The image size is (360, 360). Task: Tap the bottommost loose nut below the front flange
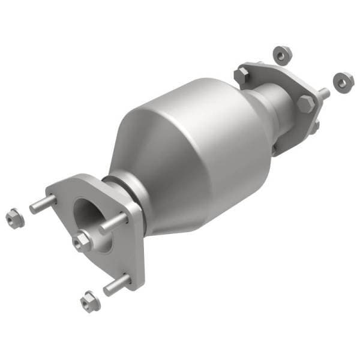click(x=89, y=298)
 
